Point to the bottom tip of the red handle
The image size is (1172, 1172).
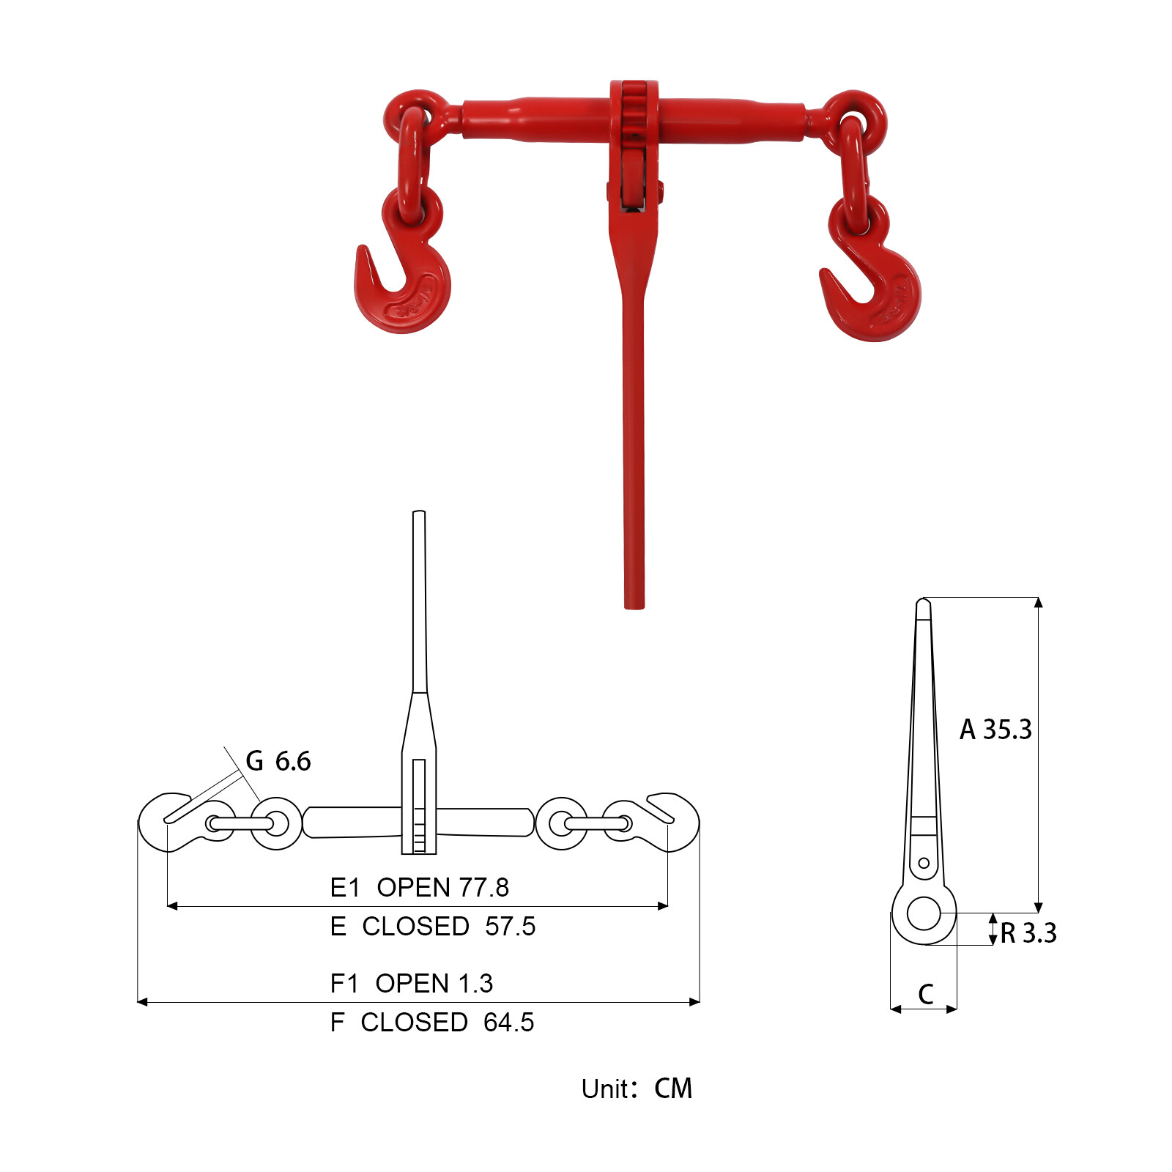pyautogui.click(x=634, y=605)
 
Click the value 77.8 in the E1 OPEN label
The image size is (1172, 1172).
pyautogui.click(x=480, y=887)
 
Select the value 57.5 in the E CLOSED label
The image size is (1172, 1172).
pyautogui.click(x=511, y=927)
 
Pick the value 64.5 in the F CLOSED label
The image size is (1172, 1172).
pyautogui.click(x=509, y=1023)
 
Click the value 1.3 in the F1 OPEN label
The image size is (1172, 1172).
pyautogui.click(x=475, y=984)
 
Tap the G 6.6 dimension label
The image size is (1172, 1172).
pyautogui.click(x=278, y=762)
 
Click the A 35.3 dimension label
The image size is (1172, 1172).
pyautogui.click(x=995, y=730)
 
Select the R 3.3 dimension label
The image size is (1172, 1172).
pyautogui.click(x=1028, y=933)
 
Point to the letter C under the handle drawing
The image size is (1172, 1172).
pyautogui.click(x=926, y=994)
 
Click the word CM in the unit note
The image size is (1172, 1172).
pyautogui.click(x=673, y=1089)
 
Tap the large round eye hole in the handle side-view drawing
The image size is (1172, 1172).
pyautogui.click(x=924, y=913)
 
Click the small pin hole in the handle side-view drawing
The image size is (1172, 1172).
pyautogui.click(x=924, y=863)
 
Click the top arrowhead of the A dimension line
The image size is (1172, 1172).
pyautogui.click(x=1038, y=602)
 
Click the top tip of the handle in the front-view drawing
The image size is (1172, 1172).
pyautogui.click(x=419, y=513)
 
